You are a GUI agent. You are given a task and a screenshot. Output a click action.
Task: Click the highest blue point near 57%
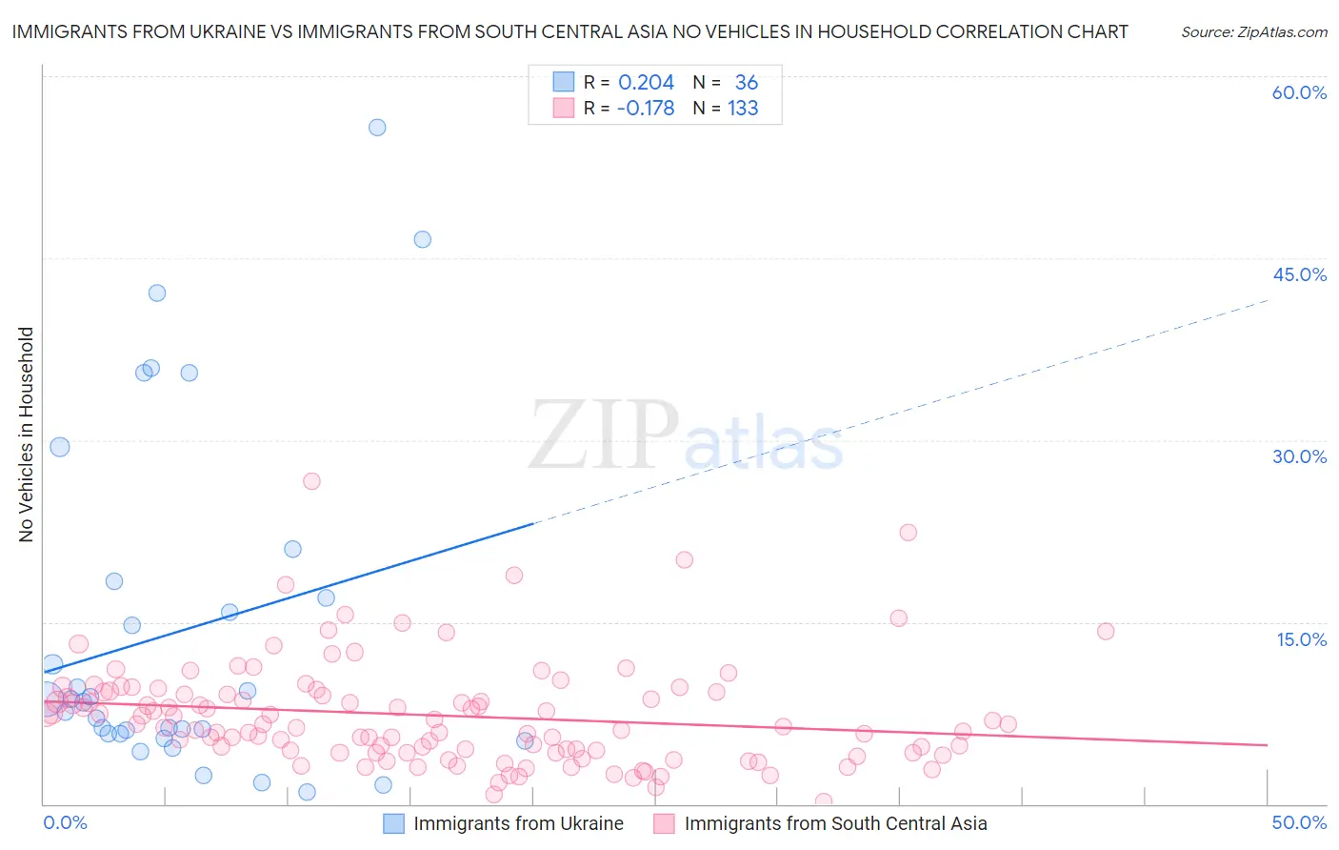[377, 128]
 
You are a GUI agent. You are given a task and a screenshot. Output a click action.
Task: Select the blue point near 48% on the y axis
[422, 239]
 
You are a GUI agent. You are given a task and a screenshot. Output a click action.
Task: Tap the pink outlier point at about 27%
[311, 481]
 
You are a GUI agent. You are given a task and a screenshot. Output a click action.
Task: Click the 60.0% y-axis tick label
[1299, 92]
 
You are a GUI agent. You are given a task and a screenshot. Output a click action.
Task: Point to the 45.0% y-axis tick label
[1299, 274]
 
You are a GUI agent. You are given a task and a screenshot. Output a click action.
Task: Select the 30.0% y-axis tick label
[1299, 456]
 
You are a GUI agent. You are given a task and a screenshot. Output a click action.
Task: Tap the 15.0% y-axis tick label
[1301, 639]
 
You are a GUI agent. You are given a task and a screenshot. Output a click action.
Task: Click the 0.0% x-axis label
[65, 822]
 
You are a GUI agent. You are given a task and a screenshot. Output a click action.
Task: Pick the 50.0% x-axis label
[1299, 822]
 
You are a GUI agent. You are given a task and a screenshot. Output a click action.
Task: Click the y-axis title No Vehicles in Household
[26, 435]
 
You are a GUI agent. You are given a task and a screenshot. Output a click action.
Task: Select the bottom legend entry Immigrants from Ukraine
[518, 823]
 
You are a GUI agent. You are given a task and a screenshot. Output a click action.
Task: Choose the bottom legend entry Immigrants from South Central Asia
[835, 823]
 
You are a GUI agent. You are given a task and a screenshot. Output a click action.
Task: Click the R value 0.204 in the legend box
[646, 83]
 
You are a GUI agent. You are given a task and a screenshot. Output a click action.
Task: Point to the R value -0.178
[645, 109]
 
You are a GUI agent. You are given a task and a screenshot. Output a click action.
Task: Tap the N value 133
[743, 109]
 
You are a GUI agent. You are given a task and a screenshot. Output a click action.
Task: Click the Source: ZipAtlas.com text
[1253, 32]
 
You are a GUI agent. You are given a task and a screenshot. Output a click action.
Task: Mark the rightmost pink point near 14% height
[1105, 631]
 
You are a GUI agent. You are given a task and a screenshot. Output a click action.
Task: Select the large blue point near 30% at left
[60, 447]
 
